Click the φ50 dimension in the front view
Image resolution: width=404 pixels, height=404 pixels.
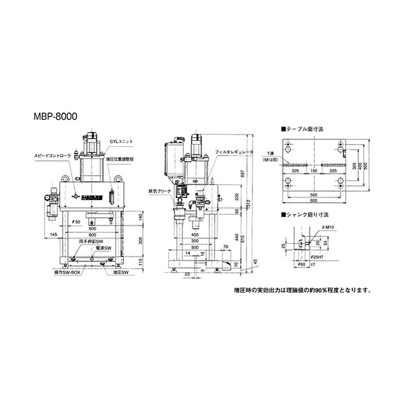(x=76, y=222)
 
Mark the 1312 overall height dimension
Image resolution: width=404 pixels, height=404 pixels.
(x=250, y=204)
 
